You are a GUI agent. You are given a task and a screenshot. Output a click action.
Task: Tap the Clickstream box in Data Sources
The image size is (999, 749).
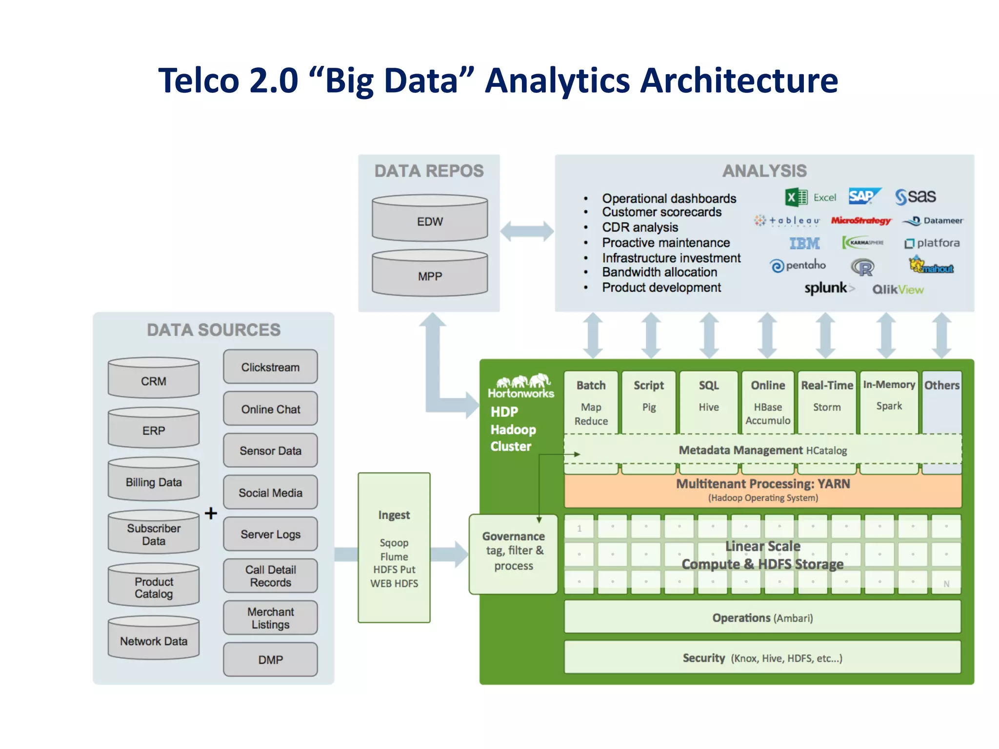pyautogui.click(x=270, y=367)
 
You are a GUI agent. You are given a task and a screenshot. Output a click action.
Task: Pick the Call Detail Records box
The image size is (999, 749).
pyautogui.click(x=270, y=576)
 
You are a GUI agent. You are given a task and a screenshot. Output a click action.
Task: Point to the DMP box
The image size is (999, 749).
pyautogui.click(x=270, y=659)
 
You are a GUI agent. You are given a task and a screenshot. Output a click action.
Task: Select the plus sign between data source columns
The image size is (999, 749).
pyautogui.click(x=211, y=513)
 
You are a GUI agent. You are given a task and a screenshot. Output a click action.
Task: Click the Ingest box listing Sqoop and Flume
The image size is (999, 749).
pyautogui.click(x=394, y=548)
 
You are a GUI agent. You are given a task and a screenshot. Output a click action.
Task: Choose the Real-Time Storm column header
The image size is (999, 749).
pyautogui.click(x=827, y=385)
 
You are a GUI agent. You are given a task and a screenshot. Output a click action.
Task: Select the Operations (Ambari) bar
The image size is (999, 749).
pyautogui.click(x=762, y=617)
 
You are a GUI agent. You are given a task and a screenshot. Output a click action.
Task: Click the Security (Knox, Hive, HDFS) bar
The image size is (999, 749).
pyautogui.click(x=762, y=658)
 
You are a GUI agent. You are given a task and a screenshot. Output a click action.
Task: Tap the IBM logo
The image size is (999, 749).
pyautogui.click(x=804, y=243)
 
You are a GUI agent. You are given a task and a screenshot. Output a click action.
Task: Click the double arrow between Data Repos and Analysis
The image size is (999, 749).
pyautogui.click(x=527, y=231)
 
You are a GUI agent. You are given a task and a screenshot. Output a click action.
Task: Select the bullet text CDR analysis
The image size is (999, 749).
pyautogui.click(x=640, y=227)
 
